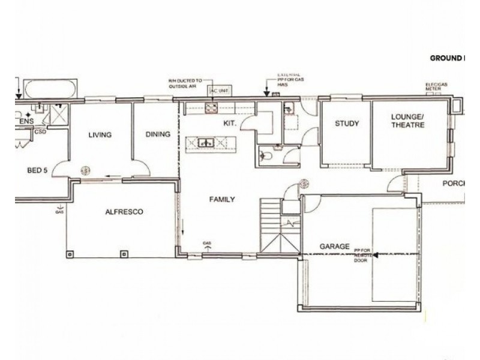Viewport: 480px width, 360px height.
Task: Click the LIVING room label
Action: tap(100, 135)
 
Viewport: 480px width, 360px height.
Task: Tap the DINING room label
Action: tap(158, 135)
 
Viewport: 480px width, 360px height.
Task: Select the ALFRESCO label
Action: tap(124, 212)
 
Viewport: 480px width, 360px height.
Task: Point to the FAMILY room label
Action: tap(221, 200)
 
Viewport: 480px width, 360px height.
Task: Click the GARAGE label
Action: tap(334, 247)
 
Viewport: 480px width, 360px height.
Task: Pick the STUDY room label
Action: tap(347, 124)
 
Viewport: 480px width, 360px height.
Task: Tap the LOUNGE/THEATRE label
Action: tap(407, 121)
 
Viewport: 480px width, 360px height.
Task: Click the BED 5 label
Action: tap(37, 170)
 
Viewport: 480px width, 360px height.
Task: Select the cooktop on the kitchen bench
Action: tap(212, 108)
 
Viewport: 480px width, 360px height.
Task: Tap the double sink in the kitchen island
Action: tap(208, 143)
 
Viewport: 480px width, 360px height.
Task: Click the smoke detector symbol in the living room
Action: tap(86, 170)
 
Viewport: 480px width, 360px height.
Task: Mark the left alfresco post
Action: tap(71, 253)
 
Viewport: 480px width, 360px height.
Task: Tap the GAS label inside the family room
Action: tap(207, 244)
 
